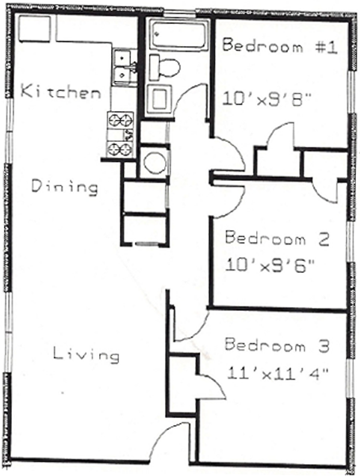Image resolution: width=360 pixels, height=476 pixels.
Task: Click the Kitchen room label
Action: click(x=61, y=91)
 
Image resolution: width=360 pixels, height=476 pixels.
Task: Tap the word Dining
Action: click(x=65, y=186)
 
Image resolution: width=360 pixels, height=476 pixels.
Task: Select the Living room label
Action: click(x=86, y=354)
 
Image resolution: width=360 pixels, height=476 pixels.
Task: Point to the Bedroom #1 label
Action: click(x=280, y=46)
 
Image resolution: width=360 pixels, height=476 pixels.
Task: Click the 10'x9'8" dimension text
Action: click(x=267, y=98)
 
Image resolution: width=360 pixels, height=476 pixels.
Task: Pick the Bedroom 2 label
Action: click(x=277, y=237)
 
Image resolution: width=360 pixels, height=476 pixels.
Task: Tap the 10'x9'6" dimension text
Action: click(x=270, y=267)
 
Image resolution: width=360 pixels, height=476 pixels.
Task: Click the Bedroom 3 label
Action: click(x=277, y=345)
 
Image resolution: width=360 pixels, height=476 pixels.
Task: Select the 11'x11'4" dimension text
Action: click(x=278, y=373)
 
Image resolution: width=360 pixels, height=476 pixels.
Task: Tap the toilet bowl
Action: click(x=165, y=67)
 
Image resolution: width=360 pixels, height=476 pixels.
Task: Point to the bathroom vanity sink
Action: click(x=159, y=98)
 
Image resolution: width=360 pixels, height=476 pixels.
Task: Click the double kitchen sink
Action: click(x=123, y=67)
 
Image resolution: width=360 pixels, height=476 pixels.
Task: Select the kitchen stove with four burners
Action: click(x=121, y=135)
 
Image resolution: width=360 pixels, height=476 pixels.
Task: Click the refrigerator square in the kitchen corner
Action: click(x=35, y=29)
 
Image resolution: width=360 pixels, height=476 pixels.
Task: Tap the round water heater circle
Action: click(x=155, y=162)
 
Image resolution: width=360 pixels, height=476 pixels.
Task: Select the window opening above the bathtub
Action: click(x=180, y=13)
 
